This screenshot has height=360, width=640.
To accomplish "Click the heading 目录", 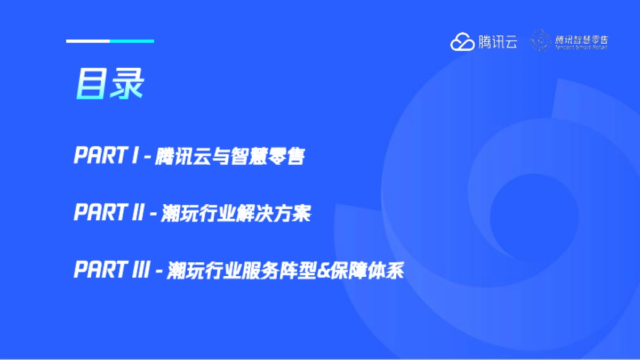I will (109, 84).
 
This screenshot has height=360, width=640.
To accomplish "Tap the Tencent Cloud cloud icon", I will (462, 42).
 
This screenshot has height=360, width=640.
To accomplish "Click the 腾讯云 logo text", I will (497, 42).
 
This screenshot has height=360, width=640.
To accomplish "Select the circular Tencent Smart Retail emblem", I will (540, 41).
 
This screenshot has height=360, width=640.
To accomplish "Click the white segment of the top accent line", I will (88, 41).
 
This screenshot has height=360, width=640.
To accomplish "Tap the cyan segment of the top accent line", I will (132, 41).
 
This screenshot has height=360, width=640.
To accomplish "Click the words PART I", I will (106, 156).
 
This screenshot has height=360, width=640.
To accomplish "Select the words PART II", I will (109, 214).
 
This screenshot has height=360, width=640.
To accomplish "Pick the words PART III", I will (113, 271).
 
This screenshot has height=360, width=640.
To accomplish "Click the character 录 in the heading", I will (127, 84).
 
